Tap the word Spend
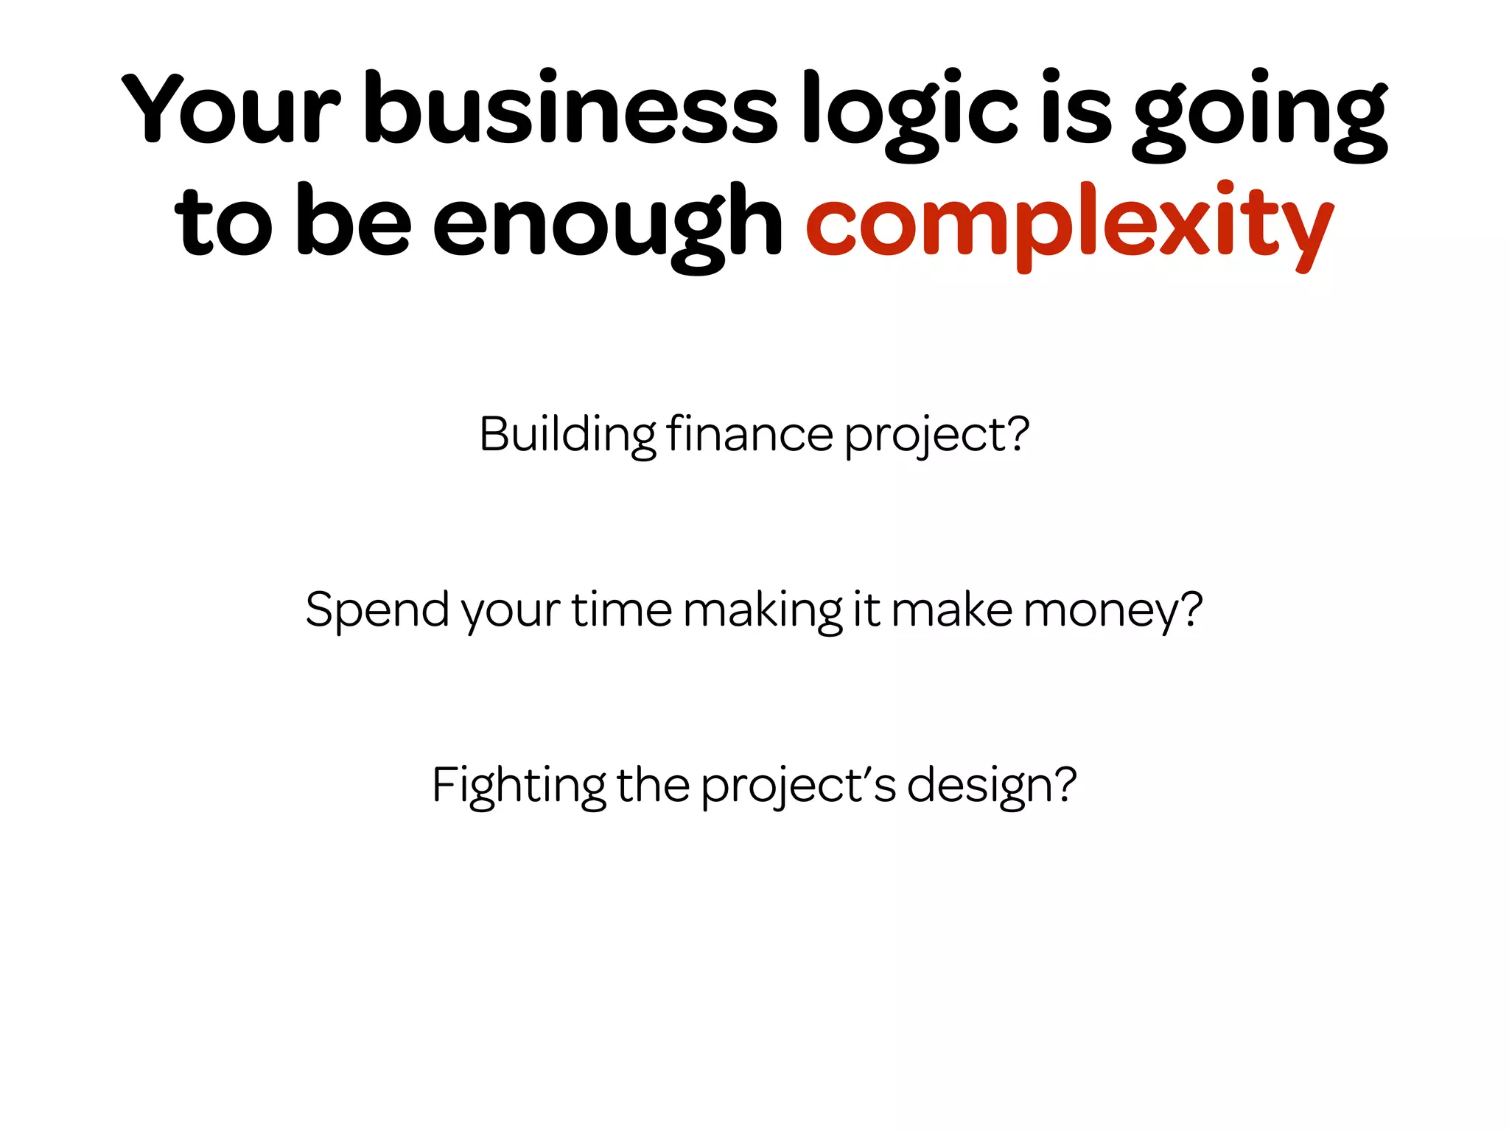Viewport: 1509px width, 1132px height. pos(377,610)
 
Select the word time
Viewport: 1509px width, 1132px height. pos(622,610)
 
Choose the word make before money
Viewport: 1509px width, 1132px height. pos(952,610)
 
